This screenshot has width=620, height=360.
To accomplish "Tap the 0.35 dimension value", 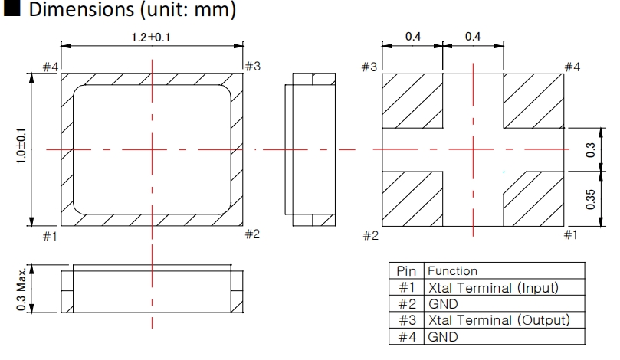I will [x=589, y=196].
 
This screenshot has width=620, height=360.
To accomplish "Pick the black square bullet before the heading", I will [x=11, y=11].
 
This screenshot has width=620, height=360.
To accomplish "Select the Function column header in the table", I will [x=452, y=271].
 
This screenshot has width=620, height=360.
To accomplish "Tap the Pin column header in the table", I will [x=406, y=271].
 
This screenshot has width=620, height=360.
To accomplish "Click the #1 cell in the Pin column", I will [x=406, y=288].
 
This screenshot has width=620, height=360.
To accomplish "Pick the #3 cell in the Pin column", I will [x=406, y=320].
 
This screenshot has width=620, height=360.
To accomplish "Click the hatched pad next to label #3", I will [x=412, y=100].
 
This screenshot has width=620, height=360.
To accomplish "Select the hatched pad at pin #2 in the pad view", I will [x=412, y=198].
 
